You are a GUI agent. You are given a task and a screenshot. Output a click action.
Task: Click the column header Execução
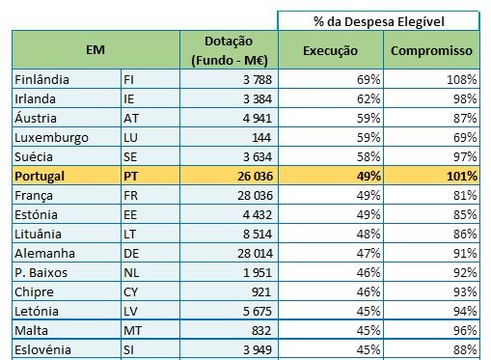(330, 49)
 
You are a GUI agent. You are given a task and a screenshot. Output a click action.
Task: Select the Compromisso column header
(431, 49)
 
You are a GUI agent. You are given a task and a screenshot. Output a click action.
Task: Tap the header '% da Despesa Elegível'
(379, 19)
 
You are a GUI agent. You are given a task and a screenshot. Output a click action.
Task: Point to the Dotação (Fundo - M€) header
(229, 49)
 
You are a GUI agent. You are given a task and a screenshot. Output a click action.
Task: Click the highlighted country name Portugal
(40, 176)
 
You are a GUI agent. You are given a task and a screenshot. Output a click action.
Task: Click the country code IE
(131, 98)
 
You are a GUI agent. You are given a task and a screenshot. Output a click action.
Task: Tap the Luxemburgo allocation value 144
(261, 137)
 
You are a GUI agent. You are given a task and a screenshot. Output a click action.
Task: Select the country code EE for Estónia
(131, 213)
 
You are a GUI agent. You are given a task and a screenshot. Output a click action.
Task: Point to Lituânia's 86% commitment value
(463, 233)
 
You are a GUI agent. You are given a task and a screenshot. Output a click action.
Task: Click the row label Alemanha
(43, 252)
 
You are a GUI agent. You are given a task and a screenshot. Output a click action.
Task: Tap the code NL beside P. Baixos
(132, 271)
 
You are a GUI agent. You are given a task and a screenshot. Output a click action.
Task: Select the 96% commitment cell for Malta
(463, 329)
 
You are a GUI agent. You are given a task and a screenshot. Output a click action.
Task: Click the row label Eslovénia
(44, 348)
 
